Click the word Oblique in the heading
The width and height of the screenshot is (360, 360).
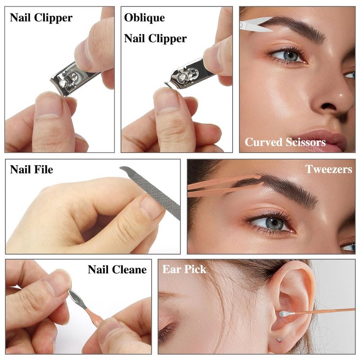tap(144, 18)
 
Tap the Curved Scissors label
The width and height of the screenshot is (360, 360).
tap(285, 142)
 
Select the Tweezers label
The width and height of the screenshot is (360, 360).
tap(328, 169)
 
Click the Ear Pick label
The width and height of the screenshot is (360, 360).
tap(184, 269)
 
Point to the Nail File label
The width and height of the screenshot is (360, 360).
tap(31, 170)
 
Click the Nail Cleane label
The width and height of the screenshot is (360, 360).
tap(117, 269)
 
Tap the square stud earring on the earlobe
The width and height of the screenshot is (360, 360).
tap(279, 339)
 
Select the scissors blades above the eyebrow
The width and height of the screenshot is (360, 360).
tap(256, 24)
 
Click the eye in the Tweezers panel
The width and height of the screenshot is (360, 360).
tap(271, 223)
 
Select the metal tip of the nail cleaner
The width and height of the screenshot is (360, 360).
tap(77, 298)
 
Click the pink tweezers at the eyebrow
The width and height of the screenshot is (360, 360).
tap(224, 185)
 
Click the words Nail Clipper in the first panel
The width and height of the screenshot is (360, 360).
tap(41, 18)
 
